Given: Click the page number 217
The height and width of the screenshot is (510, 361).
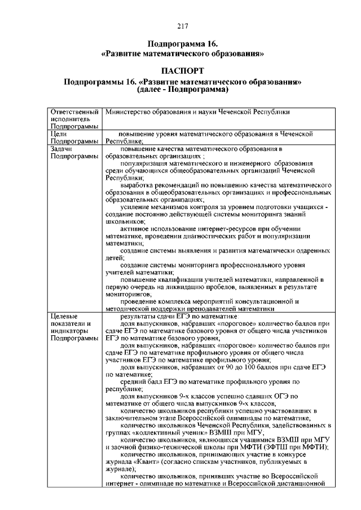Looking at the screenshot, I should point(182,26).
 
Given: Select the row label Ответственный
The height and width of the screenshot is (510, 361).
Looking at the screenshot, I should point(75,112).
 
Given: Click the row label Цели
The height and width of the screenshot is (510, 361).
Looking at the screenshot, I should point(59,134).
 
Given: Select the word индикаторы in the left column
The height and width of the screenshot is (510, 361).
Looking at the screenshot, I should point(71,331).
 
